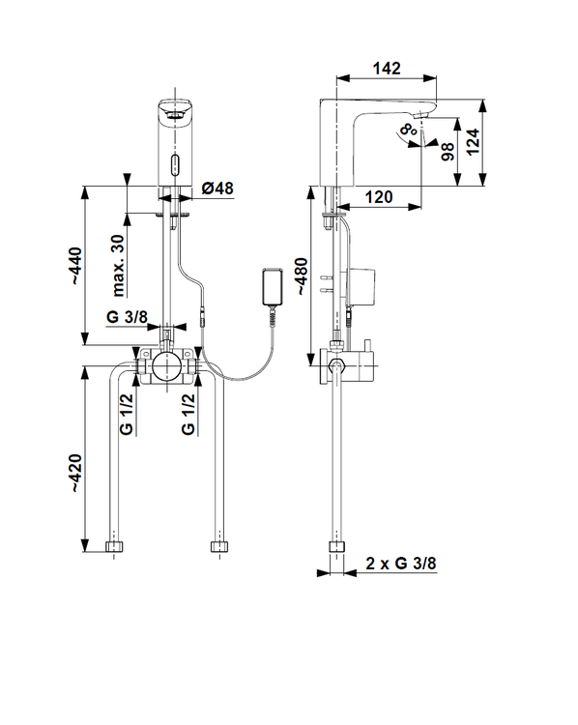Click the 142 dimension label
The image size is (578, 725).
(387, 69)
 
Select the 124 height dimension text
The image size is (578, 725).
(473, 141)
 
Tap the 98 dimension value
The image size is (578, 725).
(448, 152)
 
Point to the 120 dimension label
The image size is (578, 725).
(379, 197)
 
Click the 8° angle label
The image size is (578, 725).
(407, 129)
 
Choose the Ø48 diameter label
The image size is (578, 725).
(217, 188)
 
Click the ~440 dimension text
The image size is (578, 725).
(75, 267)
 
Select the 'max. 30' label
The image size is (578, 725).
(118, 265)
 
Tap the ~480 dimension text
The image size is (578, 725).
(301, 276)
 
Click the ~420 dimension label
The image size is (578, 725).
(75, 473)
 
